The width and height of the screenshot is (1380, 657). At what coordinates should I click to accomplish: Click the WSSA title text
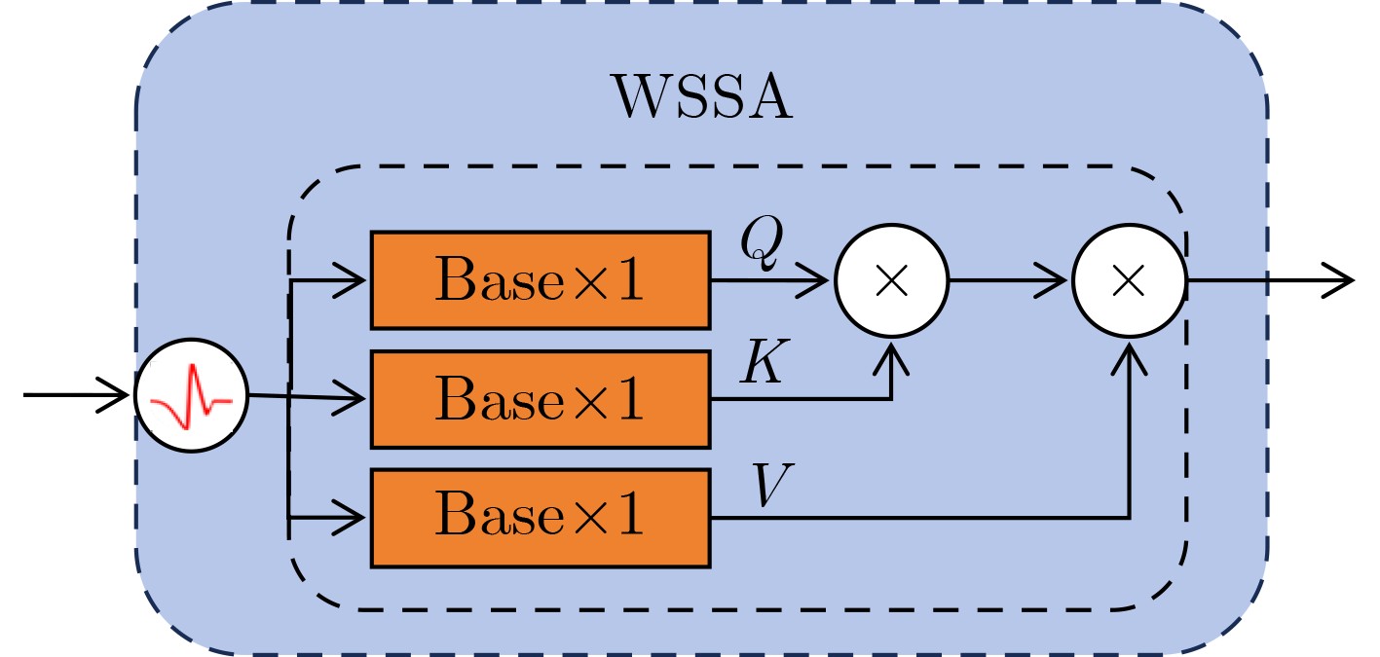coord(701,97)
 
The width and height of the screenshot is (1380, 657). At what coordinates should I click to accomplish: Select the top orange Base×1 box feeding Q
coord(540,280)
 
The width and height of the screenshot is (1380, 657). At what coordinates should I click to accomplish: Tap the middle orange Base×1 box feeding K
coord(540,399)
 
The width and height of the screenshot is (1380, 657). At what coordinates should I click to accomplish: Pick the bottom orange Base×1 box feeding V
coord(540,518)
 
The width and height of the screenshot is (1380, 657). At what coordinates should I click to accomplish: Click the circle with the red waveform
coord(191,395)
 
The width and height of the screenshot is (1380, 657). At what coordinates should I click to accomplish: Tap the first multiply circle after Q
coord(891,280)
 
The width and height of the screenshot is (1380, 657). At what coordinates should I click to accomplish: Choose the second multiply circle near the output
coord(1129,280)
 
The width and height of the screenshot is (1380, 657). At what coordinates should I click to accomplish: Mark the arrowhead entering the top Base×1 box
coord(356,280)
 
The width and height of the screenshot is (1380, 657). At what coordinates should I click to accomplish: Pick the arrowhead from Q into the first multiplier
coord(821,280)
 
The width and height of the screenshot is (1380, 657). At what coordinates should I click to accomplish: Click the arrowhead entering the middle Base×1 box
coord(356,399)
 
